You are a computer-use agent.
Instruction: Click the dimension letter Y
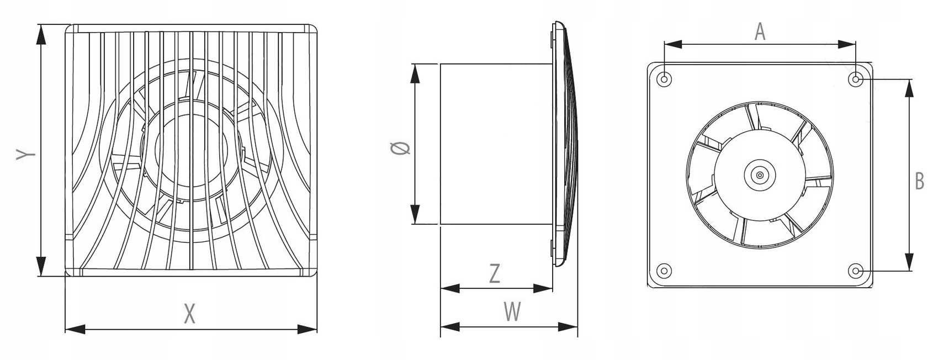[25, 155]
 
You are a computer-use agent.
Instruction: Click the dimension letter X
[189, 314]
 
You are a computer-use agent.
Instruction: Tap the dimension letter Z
[495, 274]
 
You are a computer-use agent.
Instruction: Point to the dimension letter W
[512, 312]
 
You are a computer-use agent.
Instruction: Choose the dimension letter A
[760, 32]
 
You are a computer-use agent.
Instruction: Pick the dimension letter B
[919, 181]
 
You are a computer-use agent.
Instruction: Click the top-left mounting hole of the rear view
[665, 80]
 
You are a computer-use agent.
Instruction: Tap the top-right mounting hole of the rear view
[856, 80]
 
